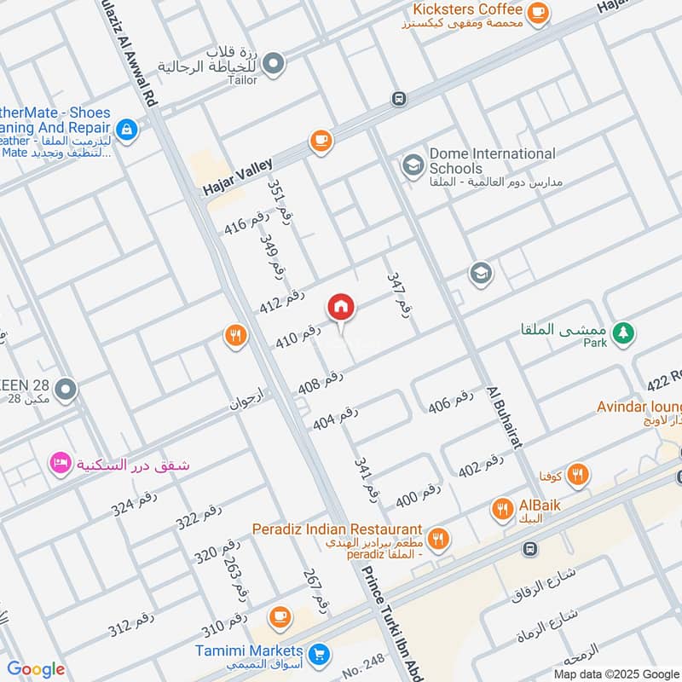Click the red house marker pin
(341, 307)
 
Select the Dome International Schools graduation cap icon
(413, 164)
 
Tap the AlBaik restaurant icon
(502, 511)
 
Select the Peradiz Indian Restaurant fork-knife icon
(438, 537)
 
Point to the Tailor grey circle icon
(273, 62)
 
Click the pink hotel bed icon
(61, 465)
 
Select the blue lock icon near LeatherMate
(127, 130)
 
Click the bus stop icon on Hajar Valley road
(398, 99)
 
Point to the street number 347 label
(398, 295)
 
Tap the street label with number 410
(298, 336)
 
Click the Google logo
(36, 669)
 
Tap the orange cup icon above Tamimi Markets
(279, 616)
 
